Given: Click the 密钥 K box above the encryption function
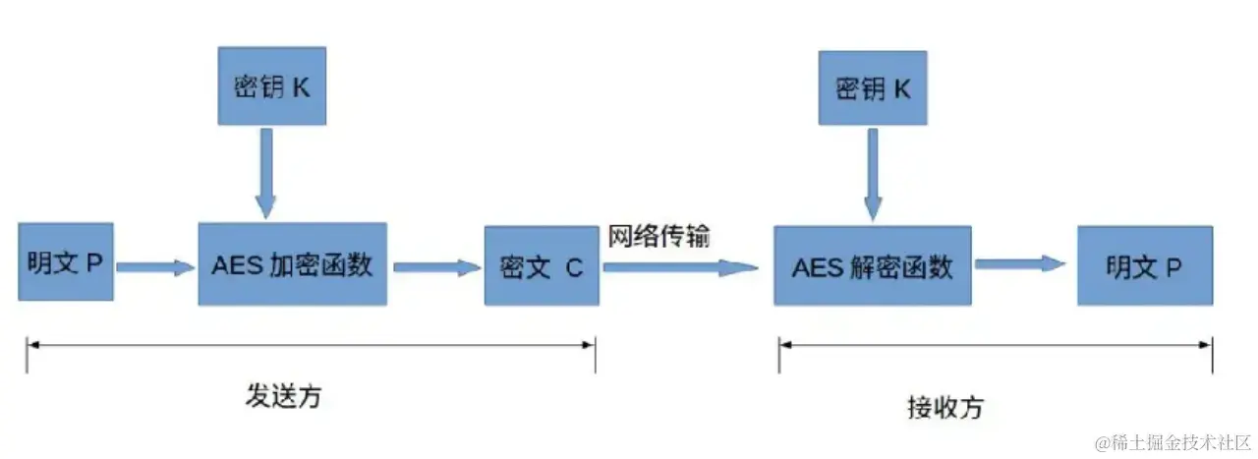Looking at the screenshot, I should [271, 86].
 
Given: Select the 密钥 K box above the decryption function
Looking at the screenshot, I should [873, 88].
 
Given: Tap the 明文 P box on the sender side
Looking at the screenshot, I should [66, 262].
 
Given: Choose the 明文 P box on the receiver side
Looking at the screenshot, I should [1144, 264].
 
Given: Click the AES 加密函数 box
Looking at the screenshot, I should [292, 263].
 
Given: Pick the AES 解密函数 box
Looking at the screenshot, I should [872, 265].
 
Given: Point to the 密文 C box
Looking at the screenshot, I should [542, 265].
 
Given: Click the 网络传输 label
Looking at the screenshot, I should [658, 237].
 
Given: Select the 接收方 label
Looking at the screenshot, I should [944, 406].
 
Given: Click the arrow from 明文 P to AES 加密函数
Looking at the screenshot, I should [154, 265].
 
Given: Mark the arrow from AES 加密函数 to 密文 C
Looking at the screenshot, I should [435, 265].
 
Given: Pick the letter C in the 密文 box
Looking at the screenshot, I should [574, 266].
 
